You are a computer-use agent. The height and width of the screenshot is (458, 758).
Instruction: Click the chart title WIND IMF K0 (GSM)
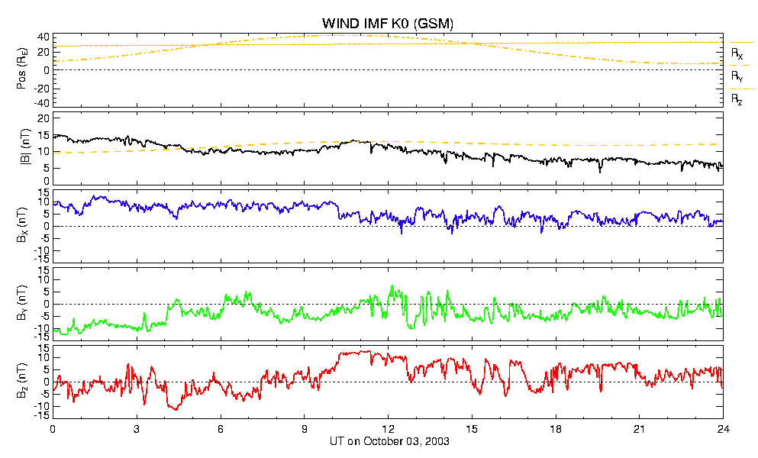click(388, 23)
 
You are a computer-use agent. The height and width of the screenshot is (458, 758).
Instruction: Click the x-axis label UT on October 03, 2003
click(389, 441)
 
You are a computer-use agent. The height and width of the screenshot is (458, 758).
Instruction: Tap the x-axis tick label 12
click(388, 429)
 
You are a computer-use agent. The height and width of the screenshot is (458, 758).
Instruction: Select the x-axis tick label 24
click(723, 429)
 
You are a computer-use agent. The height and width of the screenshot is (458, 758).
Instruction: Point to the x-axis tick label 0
click(53, 429)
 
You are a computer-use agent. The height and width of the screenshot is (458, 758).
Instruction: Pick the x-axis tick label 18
click(556, 429)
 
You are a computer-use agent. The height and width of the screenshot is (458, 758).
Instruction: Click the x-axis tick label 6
click(221, 429)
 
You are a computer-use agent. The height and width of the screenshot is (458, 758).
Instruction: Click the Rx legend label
click(737, 53)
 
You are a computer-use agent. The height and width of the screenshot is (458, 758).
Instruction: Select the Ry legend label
click(737, 76)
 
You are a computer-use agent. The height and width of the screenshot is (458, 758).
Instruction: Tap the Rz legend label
click(737, 100)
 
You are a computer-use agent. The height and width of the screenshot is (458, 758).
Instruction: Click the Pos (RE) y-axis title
click(21, 69)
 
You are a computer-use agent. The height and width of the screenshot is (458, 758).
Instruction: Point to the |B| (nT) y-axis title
click(24, 147)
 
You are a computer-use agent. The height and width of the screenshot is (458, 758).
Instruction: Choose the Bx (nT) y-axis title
click(21, 225)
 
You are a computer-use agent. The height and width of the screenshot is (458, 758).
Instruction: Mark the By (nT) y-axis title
click(21, 303)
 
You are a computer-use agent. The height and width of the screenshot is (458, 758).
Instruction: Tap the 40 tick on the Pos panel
click(44, 37)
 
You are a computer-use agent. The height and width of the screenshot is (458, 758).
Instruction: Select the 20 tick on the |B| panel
click(44, 118)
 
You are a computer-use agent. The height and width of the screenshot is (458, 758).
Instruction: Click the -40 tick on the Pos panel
click(41, 103)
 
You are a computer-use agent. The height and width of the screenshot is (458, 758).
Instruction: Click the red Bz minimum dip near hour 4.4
click(175, 409)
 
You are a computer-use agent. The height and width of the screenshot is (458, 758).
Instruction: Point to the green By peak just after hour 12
click(392, 286)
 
